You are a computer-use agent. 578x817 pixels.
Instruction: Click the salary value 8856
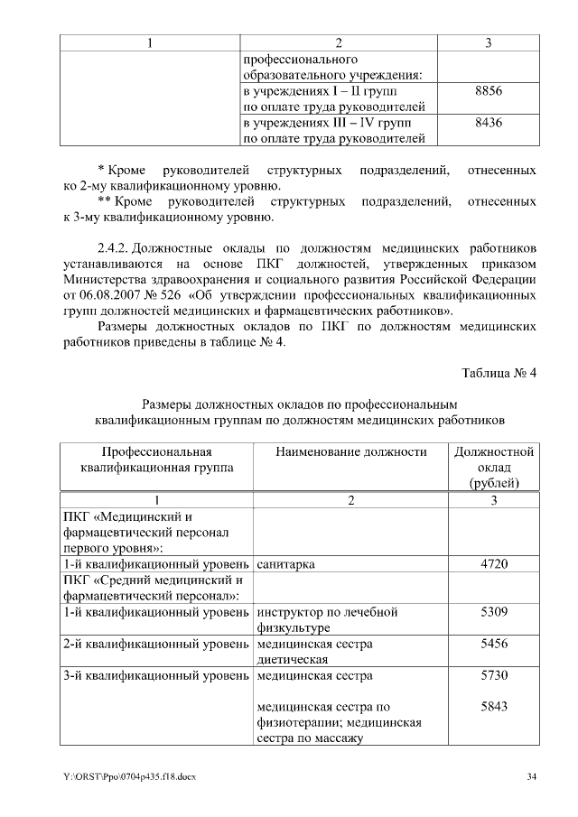(x=488, y=93)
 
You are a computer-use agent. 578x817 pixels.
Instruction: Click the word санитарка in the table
(x=285, y=564)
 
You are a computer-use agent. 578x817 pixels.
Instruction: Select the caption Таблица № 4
(x=499, y=374)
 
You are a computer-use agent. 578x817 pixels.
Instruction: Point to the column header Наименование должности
(x=350, y=452)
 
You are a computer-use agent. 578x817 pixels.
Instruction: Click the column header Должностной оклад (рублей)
(x=494, y=468)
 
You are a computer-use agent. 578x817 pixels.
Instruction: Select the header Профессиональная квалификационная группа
(x=156, y=460)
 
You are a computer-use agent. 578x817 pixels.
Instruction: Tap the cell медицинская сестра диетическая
(x=314, y=652)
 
